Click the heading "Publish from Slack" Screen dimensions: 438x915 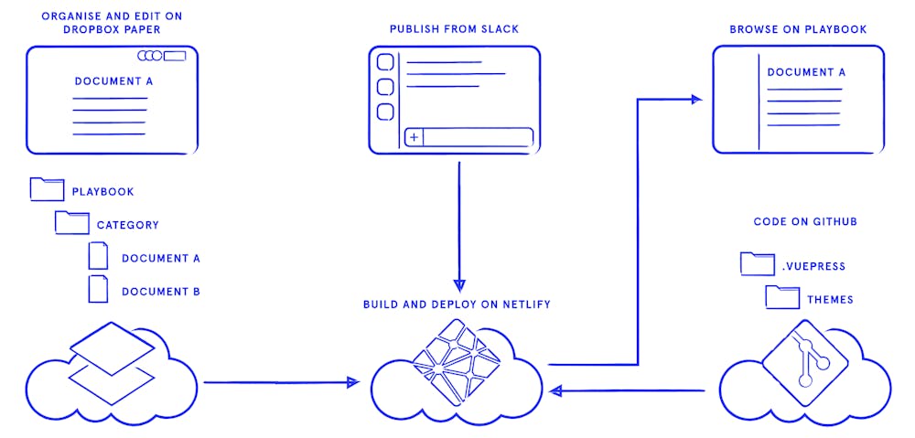coord(454,29)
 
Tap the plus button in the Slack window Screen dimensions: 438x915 coord(414,137)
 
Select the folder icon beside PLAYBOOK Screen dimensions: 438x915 coord(47,189)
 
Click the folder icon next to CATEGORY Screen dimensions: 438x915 coord(71,222)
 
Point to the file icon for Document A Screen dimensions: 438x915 coord(98,256)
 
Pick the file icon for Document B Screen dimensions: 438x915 coord(98,289)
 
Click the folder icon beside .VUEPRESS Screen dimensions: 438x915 coord(757,264)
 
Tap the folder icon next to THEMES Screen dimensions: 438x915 coord(782,296)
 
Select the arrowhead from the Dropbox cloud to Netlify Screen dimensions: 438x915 coord(353,382)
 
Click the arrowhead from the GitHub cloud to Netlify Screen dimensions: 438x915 coord(554,391)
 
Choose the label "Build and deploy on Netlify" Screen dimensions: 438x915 coord(457,304)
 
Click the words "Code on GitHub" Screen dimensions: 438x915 coord(805,222)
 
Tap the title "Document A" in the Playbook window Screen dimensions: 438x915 coord(806,72)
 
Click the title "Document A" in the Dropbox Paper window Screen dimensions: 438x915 coord(113,81)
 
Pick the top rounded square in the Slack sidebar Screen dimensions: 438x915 coord(385,62)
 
